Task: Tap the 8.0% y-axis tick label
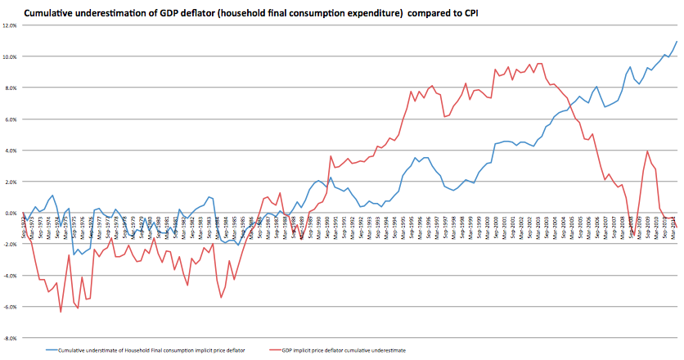tap(11, 88)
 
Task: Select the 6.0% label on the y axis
tap(11, 119)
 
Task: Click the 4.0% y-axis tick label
tap(11, 151)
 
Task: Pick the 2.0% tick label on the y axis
tap(11, 182)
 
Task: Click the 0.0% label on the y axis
tap(11, 213)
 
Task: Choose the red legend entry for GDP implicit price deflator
tap(344, 349)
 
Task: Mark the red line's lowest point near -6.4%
tap(61, 312)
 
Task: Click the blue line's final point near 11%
tap(677, 42)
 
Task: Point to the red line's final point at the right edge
tap(677, 227)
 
